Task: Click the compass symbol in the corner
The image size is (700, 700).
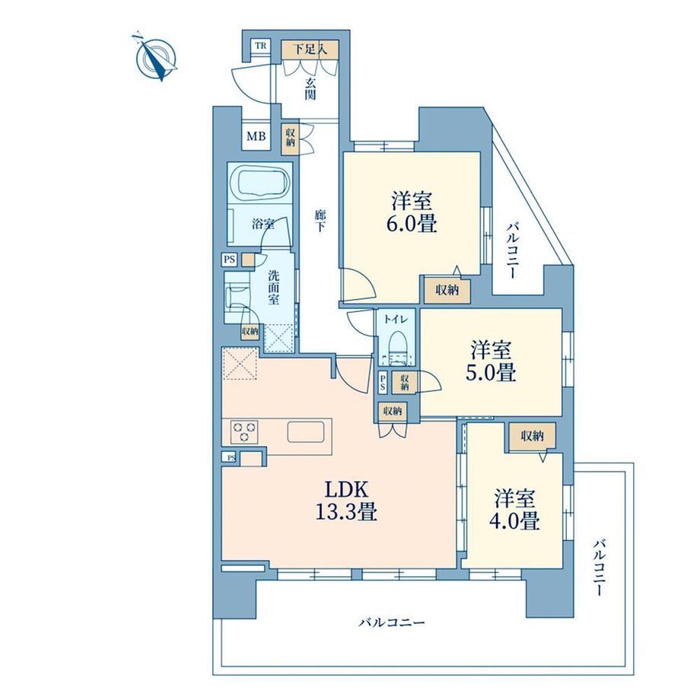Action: tap(156, 57)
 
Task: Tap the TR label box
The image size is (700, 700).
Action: tap(261, 46)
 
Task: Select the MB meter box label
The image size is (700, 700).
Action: tap(256, 136)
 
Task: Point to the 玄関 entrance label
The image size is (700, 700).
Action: tap(310, 89)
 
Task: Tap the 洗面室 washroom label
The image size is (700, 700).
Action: tap(274, 287)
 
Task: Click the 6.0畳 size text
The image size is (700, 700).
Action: tap(411, 223)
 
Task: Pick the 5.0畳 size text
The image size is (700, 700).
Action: tap(491, 372)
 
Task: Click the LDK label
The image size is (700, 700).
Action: tap(346, 490)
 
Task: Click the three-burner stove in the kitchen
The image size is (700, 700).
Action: tap(244, 431)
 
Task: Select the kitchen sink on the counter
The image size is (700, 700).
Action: tap(305, 431)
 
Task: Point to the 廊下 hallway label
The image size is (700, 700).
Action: tap(320, 221)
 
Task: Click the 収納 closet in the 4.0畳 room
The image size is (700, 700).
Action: tap(532, 436)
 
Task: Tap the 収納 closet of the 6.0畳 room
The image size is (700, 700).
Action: tap(447, 290)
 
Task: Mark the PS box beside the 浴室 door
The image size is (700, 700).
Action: tap(230, 259)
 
